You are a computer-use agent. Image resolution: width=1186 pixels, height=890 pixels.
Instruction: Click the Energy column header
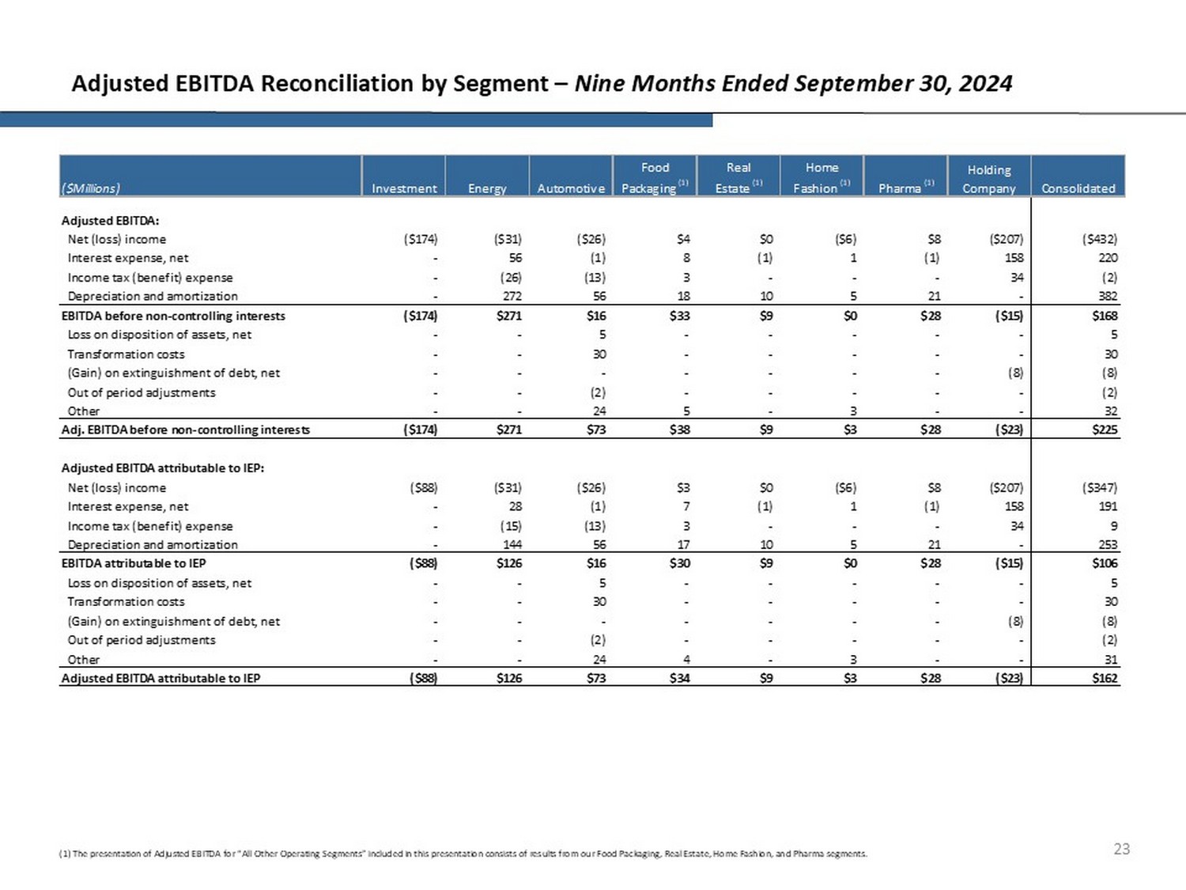[x=487, y=188]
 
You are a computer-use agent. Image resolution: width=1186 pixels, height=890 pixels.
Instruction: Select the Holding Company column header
[x=988, y=179]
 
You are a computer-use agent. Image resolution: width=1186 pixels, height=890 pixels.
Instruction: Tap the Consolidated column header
[x=1078, y=188]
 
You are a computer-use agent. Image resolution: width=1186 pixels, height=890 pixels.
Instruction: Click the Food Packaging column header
[x=654, y=178]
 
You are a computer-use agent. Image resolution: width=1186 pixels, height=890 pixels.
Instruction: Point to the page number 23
[x=1121, y=849]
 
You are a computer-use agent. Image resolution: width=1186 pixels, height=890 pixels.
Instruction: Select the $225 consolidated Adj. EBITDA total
[x=1105, y=430]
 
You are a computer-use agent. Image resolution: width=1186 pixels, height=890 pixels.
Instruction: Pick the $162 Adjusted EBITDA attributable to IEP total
[x=1105, y=678]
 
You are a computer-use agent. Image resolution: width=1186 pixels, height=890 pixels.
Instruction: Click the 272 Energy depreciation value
[x=512, y=296]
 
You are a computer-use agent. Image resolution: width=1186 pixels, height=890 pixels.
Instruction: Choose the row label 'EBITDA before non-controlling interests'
[x=173, y=316]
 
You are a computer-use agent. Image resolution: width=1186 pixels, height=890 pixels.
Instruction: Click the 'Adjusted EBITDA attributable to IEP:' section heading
[x=163, y=468]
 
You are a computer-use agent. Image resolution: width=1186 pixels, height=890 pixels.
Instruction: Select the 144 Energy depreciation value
[x=512, y=544]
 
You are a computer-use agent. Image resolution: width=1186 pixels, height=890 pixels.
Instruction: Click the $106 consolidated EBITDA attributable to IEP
[x=1105, y=563]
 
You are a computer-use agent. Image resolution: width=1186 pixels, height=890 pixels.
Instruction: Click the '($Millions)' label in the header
[x=91, y=188]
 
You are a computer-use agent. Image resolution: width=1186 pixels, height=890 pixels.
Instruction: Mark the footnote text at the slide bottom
[x=463, y=854]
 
